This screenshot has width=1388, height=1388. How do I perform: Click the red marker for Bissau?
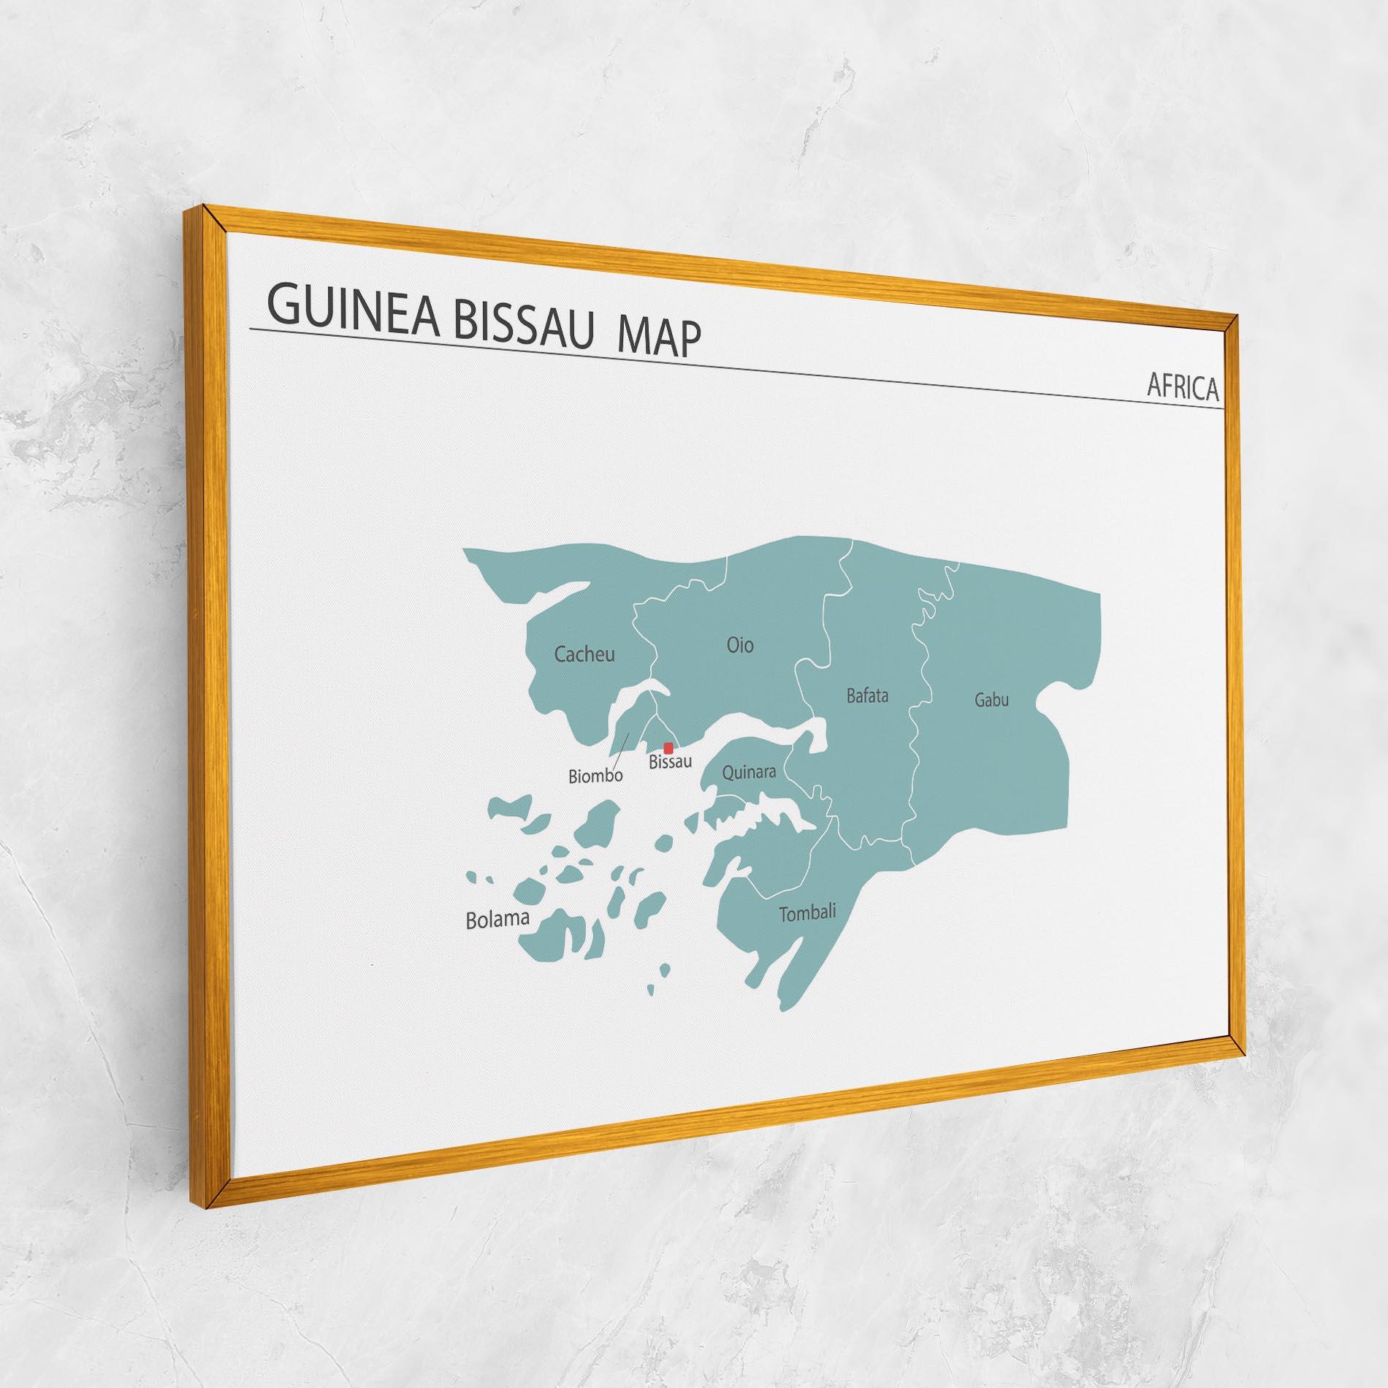(x=668, y=747)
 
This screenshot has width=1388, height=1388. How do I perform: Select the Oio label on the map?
(x=740, y=645)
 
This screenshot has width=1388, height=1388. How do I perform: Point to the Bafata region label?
(x=868, y=695)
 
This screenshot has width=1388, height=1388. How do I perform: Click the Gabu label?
(x=991, y=700)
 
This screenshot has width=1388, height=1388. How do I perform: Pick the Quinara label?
(x=749, y=772)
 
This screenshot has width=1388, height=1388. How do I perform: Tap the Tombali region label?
(x=807, y=913)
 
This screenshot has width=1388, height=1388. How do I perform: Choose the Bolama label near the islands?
(x=497, y=920)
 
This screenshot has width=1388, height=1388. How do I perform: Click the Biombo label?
(x=595, y=776)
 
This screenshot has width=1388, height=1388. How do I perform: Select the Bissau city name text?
(x=670, y=762)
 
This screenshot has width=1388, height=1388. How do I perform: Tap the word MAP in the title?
(x=659, y=338)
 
